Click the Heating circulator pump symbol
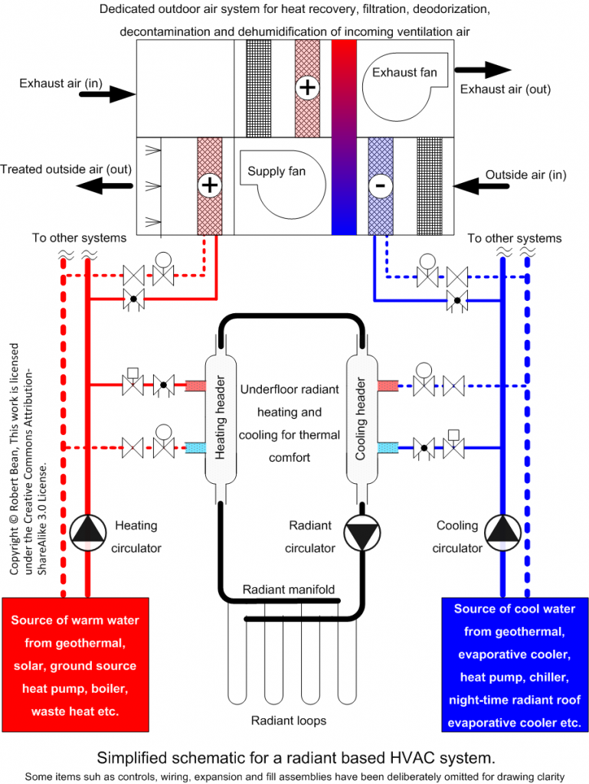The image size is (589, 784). point(89,530)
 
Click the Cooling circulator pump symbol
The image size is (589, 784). point(501,530)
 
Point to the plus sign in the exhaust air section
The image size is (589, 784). point(306,87)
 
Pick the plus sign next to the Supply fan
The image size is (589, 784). point(208,185)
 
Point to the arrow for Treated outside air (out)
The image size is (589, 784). point(103,185)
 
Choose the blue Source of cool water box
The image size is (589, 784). point(515,665)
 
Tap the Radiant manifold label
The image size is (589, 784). point(288,589)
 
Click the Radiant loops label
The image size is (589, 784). point(288,720)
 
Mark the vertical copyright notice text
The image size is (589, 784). point(31,459)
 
